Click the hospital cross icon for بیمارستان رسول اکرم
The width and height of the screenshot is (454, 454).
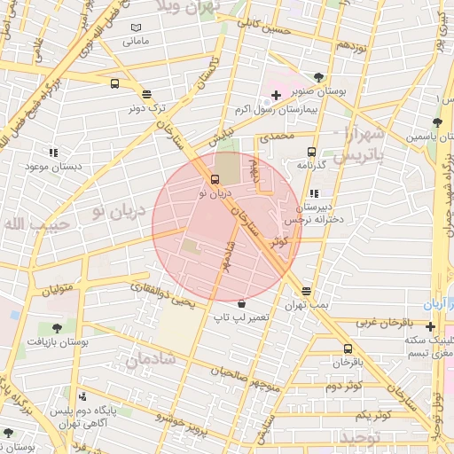tap(276, 95)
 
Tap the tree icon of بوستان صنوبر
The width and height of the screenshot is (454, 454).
tap(318, 77)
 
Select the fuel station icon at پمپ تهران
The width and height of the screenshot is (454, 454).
tap(307, 291)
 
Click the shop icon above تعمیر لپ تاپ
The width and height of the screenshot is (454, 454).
tap(241, 302)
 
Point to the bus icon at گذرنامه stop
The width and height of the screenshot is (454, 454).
tap(311, 152)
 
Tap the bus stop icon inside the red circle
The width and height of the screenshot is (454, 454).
tap(215, 178)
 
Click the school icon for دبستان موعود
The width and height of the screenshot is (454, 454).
tap(53, 153)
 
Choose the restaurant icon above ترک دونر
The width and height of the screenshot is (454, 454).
tap(145, 93)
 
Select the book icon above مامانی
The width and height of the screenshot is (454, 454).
tap(135, 28)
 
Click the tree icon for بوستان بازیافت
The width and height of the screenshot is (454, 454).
tap(58, 327)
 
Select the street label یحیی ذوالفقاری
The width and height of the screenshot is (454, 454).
tap(160, 292)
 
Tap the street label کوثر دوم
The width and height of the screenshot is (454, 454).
tap(344, 387)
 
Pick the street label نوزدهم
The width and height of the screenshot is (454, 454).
tap(352, 44)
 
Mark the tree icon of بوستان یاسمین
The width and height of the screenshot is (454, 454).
tap(436, 122)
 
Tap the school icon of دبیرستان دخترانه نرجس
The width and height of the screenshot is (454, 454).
tap(313, 193)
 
